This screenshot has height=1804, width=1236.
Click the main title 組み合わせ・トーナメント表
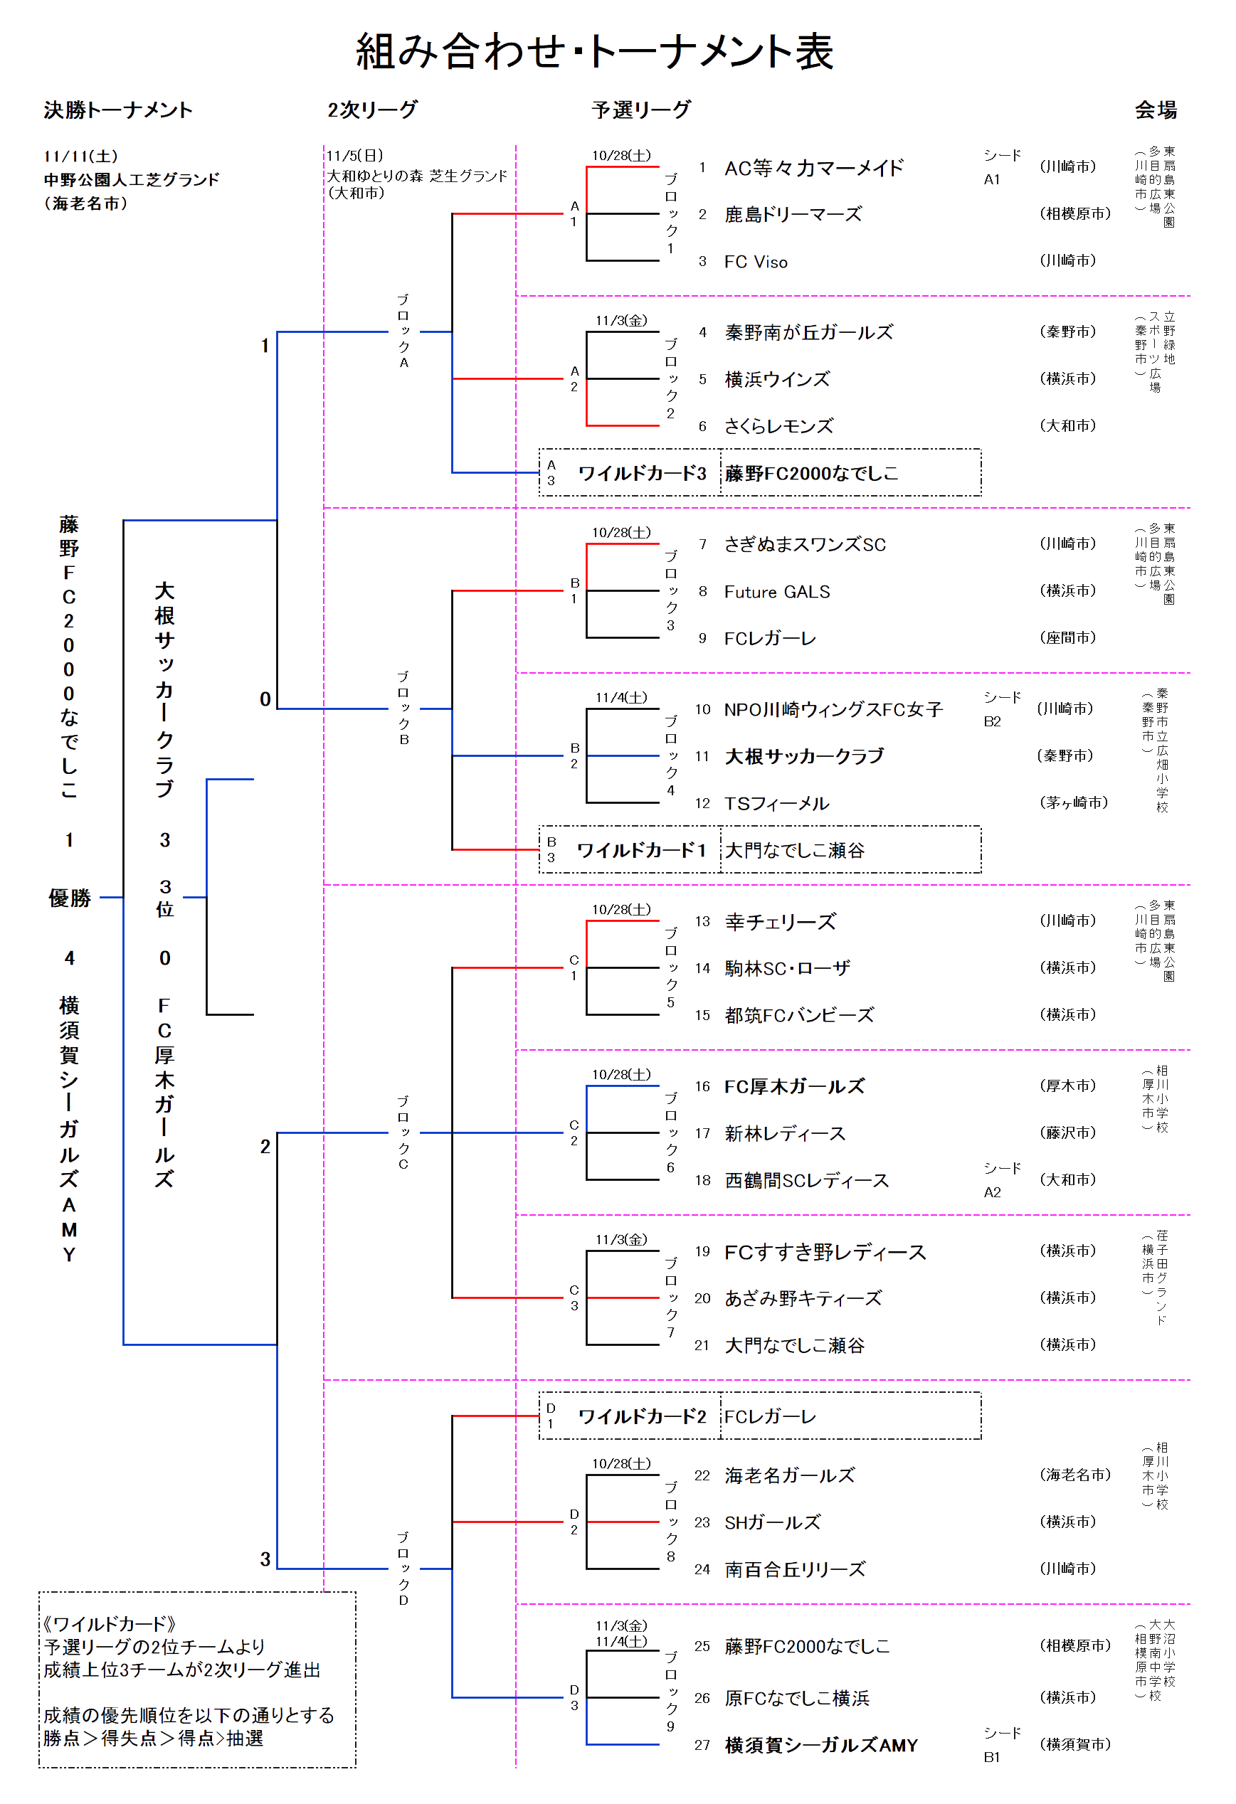(594, 52)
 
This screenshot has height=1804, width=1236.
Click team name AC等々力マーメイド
(813, 168)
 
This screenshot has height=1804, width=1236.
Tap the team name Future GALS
(776, 592)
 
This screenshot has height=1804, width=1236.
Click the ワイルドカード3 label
(641, 473)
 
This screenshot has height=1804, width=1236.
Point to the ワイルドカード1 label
(641, 850)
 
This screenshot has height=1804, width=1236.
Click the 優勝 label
(70, 898)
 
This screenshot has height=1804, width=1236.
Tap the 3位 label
(164, 898)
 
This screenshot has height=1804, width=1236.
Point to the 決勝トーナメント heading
(118, 110)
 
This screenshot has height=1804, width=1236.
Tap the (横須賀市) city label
(1074, 1744)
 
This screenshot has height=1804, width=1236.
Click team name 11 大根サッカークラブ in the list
(803, 756)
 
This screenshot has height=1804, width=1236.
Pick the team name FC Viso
(756, 262)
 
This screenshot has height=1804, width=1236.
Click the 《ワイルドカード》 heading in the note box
(110, 1623)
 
